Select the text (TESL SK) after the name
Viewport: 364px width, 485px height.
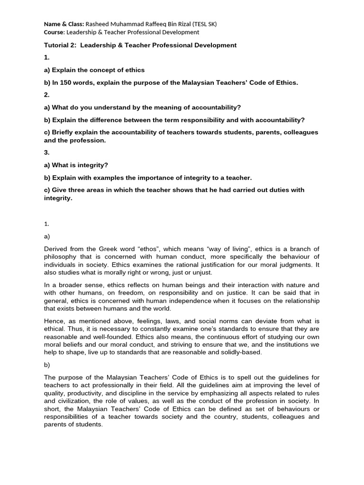click(203, 24)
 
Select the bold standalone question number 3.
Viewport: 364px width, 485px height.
click(46, 153)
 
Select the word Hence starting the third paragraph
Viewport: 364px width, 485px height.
click(53, 321)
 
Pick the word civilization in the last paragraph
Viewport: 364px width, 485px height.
click(61, 402)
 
